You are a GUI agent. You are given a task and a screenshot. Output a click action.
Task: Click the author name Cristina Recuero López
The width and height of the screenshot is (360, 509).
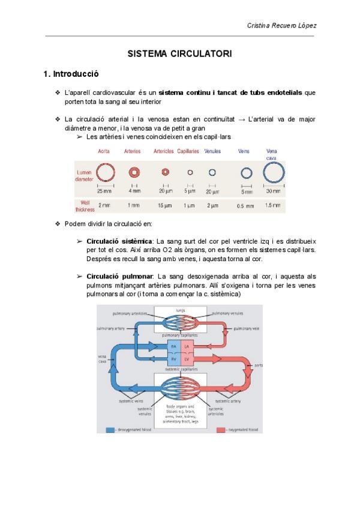click(x=282, y=25)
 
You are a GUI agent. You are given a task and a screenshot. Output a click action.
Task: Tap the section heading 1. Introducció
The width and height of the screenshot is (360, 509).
click(x=71, y=74)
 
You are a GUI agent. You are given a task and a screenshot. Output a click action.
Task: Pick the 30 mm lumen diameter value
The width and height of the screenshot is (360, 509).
click(x=272, y=191)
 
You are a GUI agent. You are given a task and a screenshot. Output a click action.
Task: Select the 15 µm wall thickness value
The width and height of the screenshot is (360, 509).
click(x=165, y=205)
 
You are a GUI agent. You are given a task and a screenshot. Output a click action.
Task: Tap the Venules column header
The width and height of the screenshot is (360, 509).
click(x=212, y=151)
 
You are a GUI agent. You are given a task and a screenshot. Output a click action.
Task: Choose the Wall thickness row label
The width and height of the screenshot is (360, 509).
click(x=84, y=205)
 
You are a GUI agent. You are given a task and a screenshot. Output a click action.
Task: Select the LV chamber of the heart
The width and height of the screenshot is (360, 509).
click(x=187, y=358)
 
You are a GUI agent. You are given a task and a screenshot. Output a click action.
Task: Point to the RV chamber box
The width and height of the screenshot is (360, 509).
click(x=174, y=358)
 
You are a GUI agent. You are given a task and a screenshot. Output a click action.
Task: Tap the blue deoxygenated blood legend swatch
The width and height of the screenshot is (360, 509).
click(x=110, y=430)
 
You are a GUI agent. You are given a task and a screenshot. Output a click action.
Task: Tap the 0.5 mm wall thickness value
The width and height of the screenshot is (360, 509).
click(x=244, y=206)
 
